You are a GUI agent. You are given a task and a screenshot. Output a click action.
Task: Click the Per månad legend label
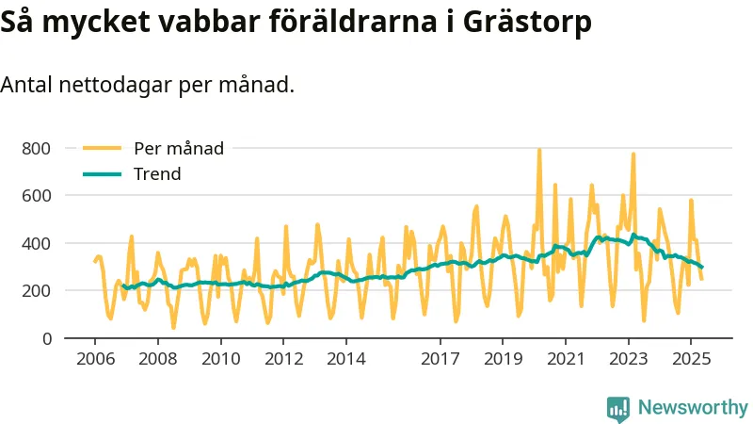pyautogui.click(x=179, y=148)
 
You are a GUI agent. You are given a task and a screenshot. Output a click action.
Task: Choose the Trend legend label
pyautogui.click(x=157, y=174)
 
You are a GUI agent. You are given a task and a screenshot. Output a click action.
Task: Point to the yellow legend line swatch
pyautogui.click(x=103, y=148)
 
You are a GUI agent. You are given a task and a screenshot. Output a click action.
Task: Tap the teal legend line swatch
pyautogui.click(x=103, y=174)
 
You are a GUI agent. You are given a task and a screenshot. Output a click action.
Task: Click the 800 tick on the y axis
pyautogui.click(x=37, y=149)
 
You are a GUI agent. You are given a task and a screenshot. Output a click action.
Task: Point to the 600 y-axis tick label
pyautogui.click(x=37, y=196)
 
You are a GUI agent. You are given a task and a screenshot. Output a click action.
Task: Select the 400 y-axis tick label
pyautogui.click(x=37, y=243)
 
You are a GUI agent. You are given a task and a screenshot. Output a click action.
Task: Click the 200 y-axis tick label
pyautogui.click(x=37, y=291)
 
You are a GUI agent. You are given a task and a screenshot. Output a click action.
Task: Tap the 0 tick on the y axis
pyautogui.click(x=47, y=338)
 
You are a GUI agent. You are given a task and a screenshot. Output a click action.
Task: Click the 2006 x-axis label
pyautogui.click(x=95, y=359)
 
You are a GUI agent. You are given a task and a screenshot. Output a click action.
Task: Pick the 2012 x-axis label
pyautogui.click(x=283, y=359)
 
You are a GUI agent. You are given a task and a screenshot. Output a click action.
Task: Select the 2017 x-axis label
pyautogui.click(x=440, y=359)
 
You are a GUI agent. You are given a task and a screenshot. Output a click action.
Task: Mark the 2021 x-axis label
pyautogui.click(x=565, y=359)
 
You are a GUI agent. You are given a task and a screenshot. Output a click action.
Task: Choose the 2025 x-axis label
pyautogui.click(x=690, y=359)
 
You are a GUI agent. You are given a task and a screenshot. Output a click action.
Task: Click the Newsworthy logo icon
pyautogui.click(x=618, y=408)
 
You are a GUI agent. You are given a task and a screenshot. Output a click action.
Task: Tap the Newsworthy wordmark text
pyautogui.click(x=693, y=408)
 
